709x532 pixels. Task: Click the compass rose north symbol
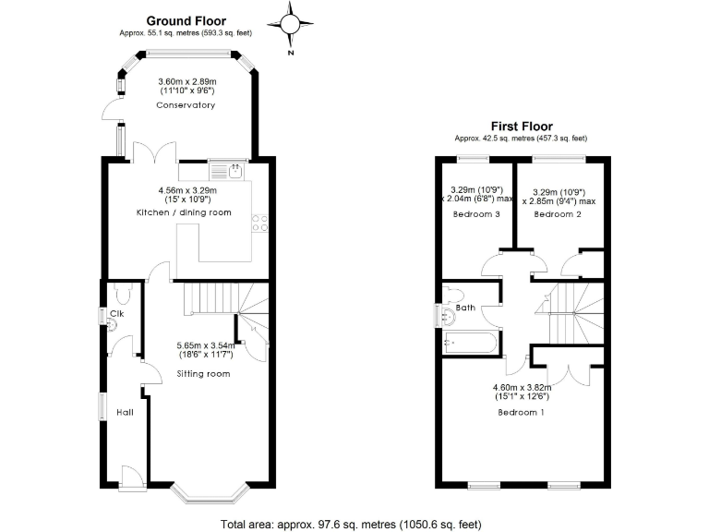(x=290, y=27)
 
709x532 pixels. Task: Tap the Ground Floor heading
(x=186, y=20)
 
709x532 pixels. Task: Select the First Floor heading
(x=521, y=127)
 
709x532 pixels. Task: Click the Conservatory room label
(x=186, y=105)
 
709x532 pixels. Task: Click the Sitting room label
(x=203, y=374)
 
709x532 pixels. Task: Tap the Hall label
(x=125, y=412)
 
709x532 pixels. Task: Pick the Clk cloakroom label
(x=117, y=314)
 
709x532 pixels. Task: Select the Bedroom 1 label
(x=520, y=412)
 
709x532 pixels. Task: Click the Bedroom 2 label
(x=558, y=214)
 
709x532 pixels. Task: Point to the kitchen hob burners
(x=260, y=223)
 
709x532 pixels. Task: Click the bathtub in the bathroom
(x=471, y=344)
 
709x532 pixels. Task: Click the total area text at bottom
(x=351, y=524)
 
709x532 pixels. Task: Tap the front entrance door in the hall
(x=131, y=475)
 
